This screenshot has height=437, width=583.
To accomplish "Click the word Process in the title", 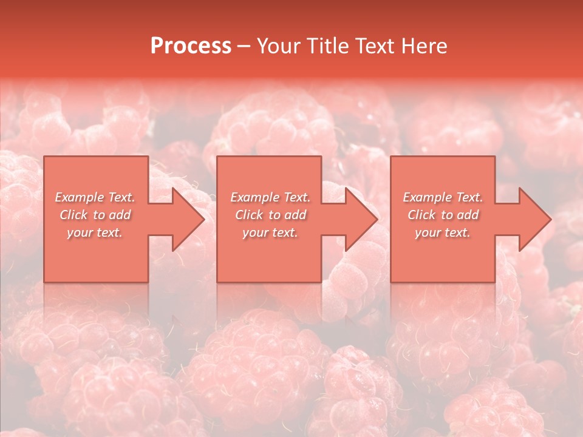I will coord(191,46).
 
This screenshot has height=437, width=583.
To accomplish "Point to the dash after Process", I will coord(244,47).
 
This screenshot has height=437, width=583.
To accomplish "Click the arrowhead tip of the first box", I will coord(203,219).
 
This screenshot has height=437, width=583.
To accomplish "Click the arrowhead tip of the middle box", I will coord(377,219).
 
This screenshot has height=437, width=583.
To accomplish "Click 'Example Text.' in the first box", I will coord(95,197).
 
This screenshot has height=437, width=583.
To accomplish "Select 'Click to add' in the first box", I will coord(95,215).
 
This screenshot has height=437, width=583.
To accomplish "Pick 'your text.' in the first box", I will coord(95,232).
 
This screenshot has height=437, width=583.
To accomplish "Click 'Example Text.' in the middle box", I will coord(270,197).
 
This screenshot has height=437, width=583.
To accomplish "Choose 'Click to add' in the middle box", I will coord(270,215).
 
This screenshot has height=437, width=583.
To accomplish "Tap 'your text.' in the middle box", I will coord(270,232).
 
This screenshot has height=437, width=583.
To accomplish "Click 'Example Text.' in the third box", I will coord(443,197).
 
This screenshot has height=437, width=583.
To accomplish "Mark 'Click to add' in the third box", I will coord(443,215).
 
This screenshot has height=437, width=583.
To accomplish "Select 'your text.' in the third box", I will coord(443,232).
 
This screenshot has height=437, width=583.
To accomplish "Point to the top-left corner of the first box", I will coord(45,157).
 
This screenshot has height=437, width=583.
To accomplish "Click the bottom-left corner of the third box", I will coord(391,281).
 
